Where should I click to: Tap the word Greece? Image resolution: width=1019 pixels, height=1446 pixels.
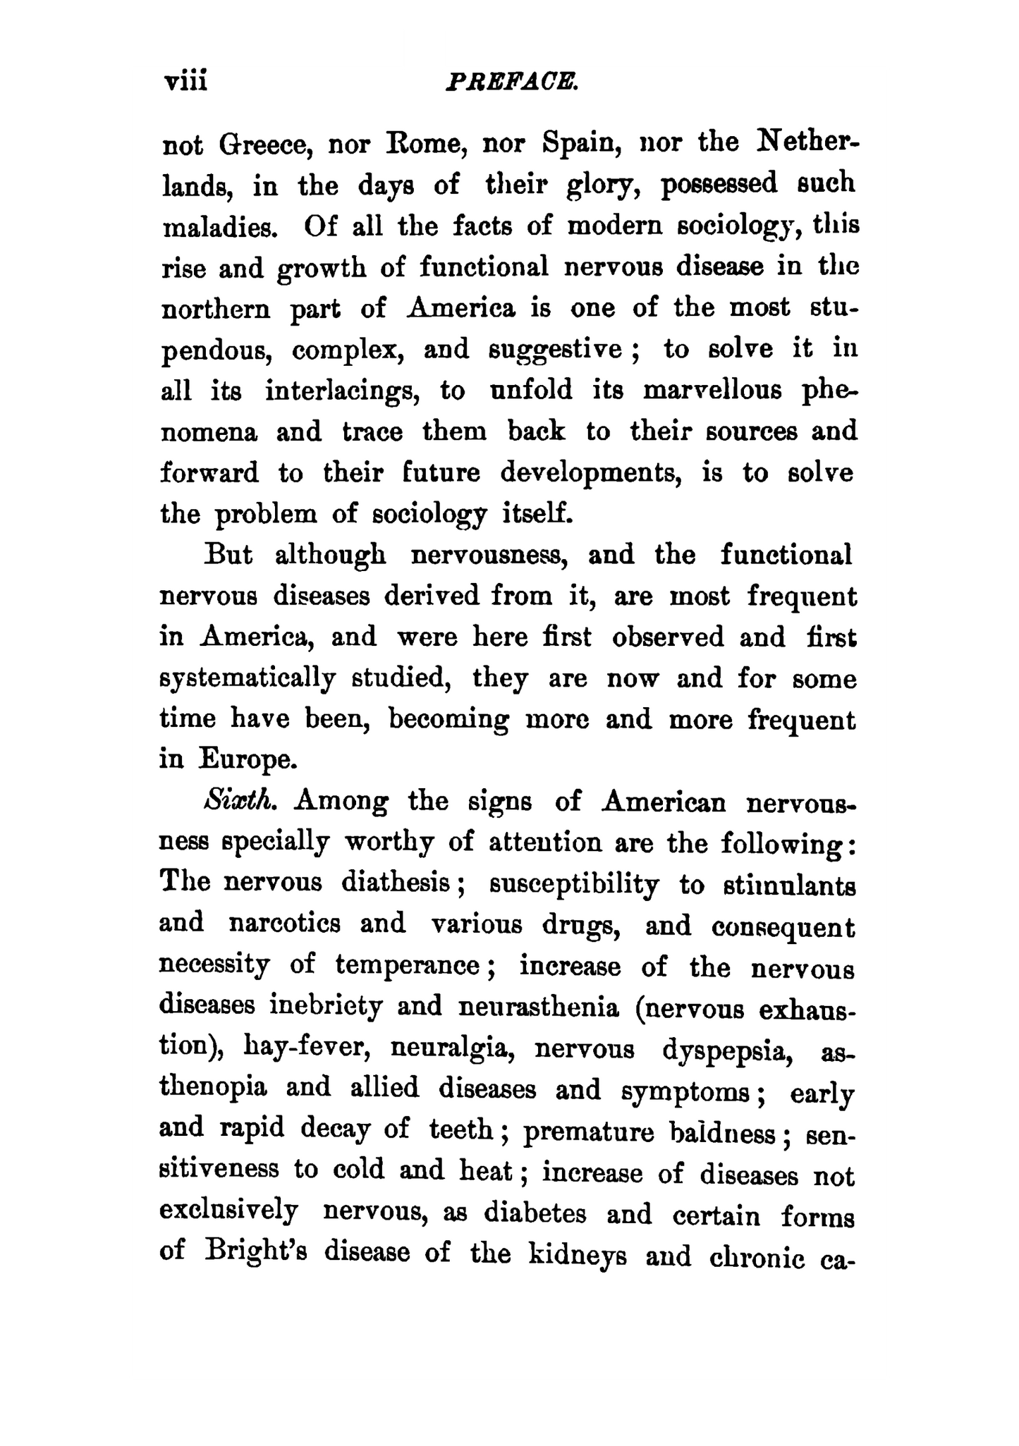pos(263,145)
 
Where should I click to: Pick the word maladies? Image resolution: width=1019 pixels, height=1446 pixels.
pos(216,228)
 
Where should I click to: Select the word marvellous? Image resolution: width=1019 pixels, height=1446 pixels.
pos(712,390)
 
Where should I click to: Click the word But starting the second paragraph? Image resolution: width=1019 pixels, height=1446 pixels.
pos(228,555)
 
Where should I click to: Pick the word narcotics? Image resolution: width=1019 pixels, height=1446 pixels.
pos(285,924)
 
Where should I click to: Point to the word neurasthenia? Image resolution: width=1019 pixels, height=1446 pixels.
pos(539,1007)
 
